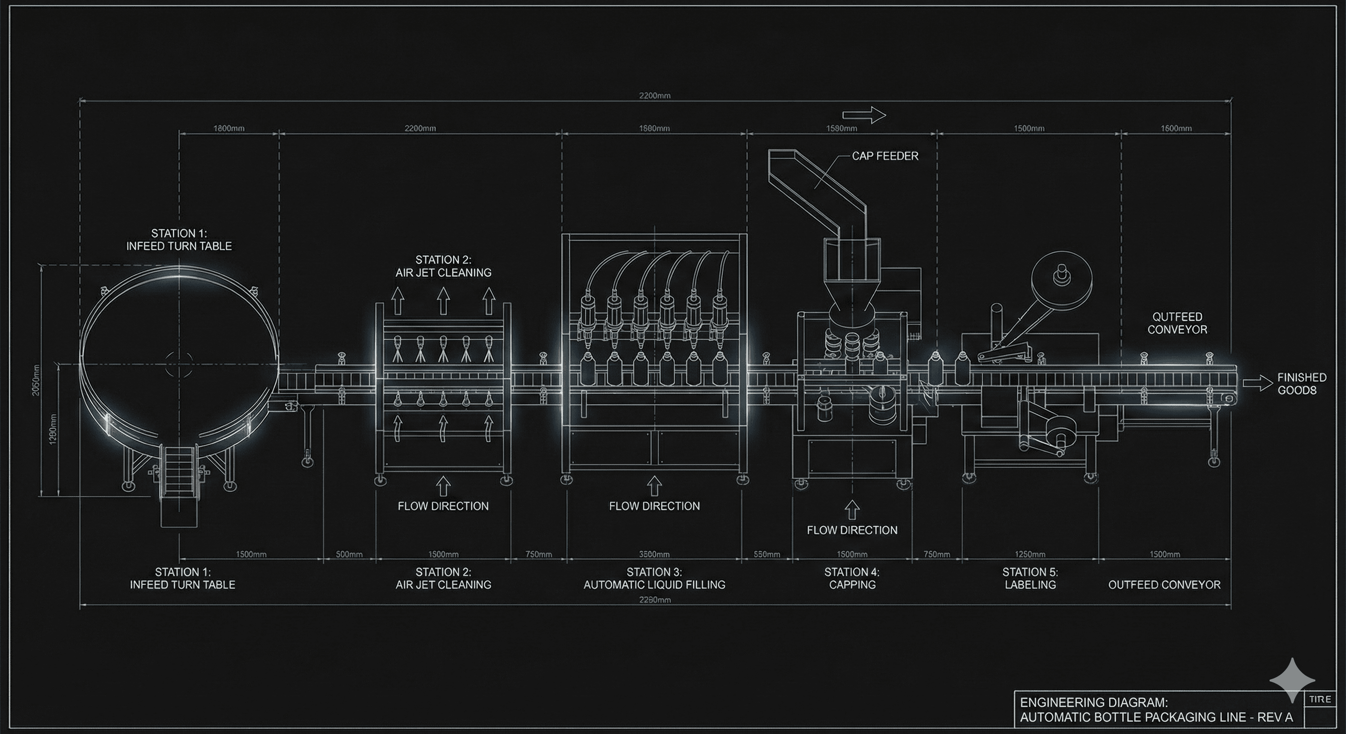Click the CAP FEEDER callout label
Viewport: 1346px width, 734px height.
(x=885, y=156)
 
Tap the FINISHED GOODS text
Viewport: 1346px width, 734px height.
(x=1302, y=383)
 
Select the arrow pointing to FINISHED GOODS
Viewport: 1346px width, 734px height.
(x=1257, y=383)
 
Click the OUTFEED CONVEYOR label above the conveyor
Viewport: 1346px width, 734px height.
(x=1177, y=323)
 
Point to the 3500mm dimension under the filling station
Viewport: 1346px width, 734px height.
(x=654, y=554)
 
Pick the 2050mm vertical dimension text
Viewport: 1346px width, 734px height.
(x=36, y=380)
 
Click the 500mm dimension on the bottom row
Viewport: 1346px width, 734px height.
(x=349, y=554)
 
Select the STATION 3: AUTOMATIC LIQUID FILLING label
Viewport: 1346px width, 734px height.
(x=654, y=578)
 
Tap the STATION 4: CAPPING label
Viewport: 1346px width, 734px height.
(x=852, y=578)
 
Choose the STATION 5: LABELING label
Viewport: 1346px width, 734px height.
(x=1030, y=578)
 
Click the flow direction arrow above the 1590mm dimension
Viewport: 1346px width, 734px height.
(x=864, y=115)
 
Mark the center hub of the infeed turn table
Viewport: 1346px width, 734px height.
(x=179, y=364)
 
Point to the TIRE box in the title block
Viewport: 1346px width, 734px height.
(x=1320, y=699)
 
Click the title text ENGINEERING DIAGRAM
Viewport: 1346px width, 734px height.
(x=1094, y=702)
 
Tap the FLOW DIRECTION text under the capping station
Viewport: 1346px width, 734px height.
(x=852, y=530)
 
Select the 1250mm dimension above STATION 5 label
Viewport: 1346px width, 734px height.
(x=1030, y=554)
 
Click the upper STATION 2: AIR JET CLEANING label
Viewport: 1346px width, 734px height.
(x=443, y=266)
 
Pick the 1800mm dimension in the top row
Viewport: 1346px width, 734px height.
(x=228, y=128)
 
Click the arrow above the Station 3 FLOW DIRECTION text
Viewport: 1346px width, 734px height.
(x=654, y=486)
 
